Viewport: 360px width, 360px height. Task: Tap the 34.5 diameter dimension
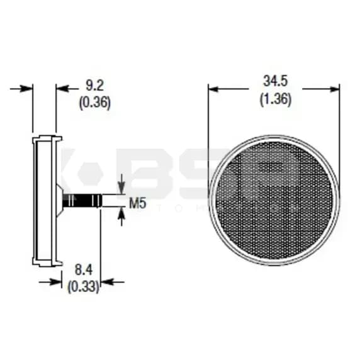(275, 82)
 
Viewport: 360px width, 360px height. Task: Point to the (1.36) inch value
(275, 99)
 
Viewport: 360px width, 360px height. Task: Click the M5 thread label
(138, 203)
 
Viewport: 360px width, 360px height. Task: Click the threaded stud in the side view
(82, 201)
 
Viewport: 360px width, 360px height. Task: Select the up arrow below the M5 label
(121, 216)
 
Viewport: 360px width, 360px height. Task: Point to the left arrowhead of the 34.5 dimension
(214, 89)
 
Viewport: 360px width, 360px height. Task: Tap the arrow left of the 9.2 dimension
(25, 89)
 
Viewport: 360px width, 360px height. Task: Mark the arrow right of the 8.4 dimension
(108, 281)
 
